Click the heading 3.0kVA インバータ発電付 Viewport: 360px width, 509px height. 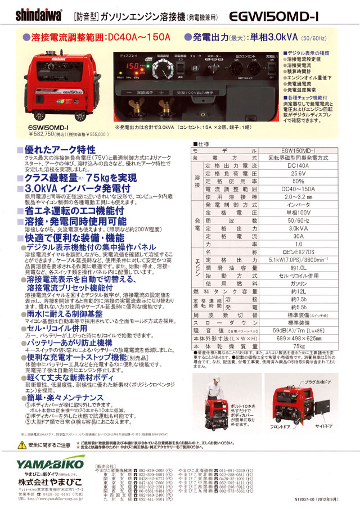74,187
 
